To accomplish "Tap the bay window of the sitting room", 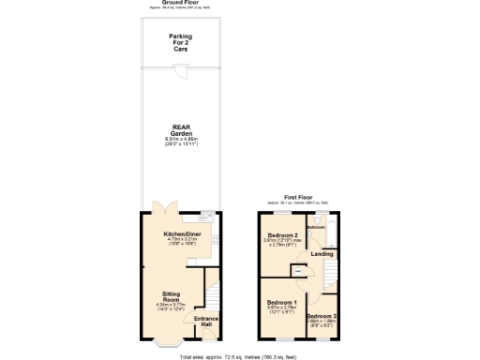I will pyautogui.click(x=169, y=345).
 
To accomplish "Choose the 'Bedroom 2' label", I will pyautogui.click(x=282, y=234).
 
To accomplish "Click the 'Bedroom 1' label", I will pyautogui.click(x=282, y=302).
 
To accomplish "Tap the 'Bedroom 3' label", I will pyautogui.click(x=322, y=316).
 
